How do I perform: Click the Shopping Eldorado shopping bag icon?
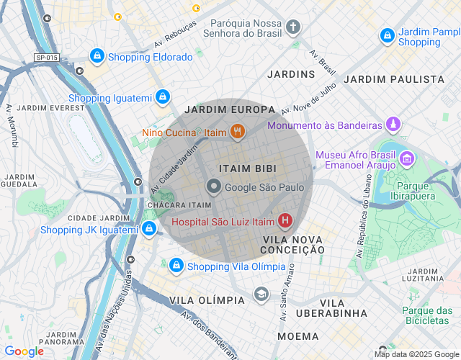97,55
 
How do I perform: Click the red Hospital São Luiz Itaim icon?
285,220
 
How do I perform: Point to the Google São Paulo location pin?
213,187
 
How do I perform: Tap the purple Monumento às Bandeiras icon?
393,125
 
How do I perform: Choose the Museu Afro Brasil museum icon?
407,158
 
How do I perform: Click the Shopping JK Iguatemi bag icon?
148,229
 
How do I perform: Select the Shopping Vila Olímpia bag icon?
176,266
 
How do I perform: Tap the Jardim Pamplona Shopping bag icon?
387,35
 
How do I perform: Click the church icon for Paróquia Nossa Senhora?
292,27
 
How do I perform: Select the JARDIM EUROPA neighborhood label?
230,109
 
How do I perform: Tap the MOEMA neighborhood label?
297,336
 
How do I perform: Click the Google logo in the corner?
24,351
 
